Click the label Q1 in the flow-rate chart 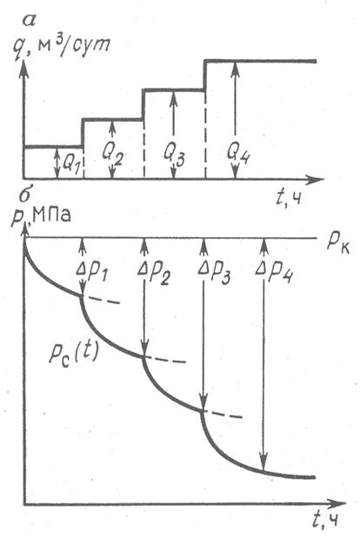coord(72,164)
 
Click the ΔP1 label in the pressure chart coord(92,272)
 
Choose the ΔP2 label coord(155,272)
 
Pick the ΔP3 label coord(214,272)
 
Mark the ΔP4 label coord(274,272)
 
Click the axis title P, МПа coord(41,216)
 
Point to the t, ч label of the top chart coord(289,197)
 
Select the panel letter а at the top coord(29,21)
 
